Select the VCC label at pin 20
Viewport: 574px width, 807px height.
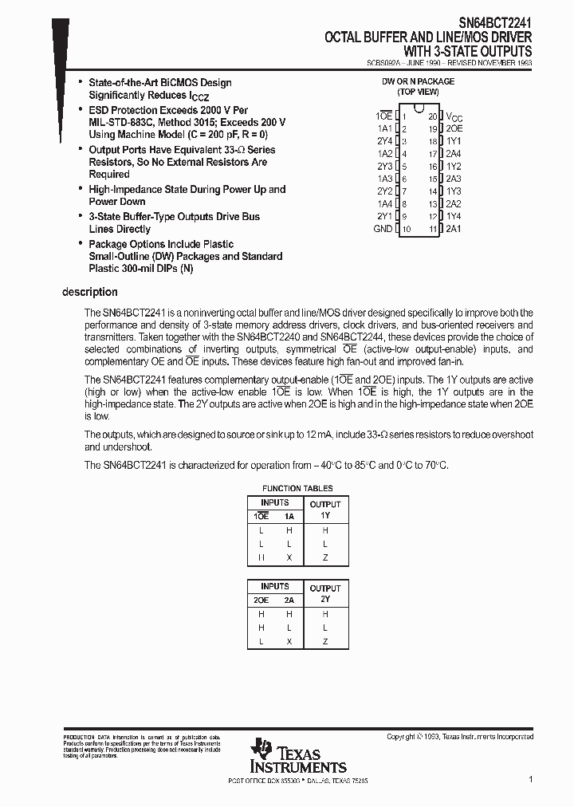tap(454, 116)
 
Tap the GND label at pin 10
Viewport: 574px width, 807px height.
tap(383, 229)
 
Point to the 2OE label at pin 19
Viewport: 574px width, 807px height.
tap(454, 128)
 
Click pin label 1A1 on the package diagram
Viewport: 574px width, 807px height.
tap(384, 128)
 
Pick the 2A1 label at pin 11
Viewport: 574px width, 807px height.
tap(453, 229)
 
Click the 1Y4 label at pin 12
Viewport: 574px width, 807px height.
tap(453, 216)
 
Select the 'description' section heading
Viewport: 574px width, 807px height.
tap(89, 293)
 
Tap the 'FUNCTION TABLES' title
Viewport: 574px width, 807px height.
tap(297, 488)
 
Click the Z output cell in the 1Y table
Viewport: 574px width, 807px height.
tap(325, 557)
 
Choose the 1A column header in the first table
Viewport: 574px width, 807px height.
tap(289, 517)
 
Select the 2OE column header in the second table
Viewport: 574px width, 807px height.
tap(261, 600)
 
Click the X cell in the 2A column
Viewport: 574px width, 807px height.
tap(289, 641)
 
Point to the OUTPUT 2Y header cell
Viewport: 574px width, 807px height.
tap(325, 593)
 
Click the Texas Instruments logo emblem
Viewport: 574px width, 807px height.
tap(261, 749)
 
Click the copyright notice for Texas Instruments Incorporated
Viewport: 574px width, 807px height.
tap(460, 737)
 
